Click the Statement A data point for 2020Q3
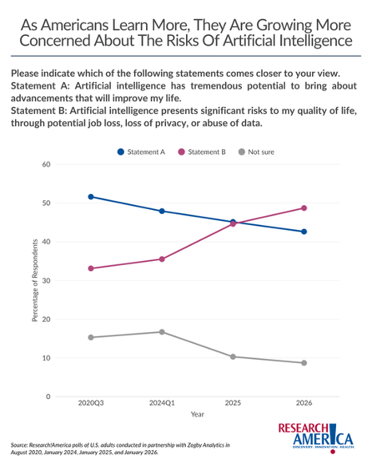(x=91, y=196)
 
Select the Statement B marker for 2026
(x=304, y=208)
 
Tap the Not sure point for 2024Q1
(x=162, y=332)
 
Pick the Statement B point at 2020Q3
(x=91, y=268)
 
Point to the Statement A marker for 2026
(x=304, y=231)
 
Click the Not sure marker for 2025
(x=233, y=357)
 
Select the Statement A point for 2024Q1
(x=162, y=211)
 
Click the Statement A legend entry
(x=141, y=151)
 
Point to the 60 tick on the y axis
(x=46, y=164)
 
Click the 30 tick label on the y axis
(x=46, y=281)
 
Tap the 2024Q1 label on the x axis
(x=162, y=404)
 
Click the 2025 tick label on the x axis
(x=233, y=404)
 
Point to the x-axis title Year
(x=197, y=414)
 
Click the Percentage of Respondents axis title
(x=35, y=281)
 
